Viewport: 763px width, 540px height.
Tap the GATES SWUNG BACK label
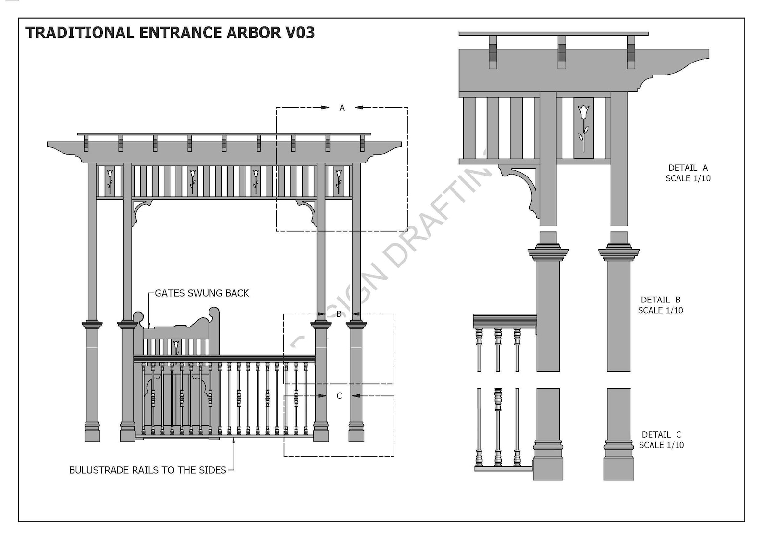point(202,293)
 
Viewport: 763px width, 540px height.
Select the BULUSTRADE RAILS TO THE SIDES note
point(148,470)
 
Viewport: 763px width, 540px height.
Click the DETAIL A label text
point(688,168)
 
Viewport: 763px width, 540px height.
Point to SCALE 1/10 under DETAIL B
point(660,310)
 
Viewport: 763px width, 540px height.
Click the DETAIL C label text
point(661,434)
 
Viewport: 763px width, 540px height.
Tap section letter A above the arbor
point(342,108)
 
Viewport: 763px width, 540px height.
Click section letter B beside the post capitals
point(339,314)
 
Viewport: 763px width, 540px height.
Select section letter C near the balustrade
point(339,396)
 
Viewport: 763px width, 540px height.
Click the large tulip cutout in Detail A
point(583,127)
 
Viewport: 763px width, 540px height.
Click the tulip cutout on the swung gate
point(176,346)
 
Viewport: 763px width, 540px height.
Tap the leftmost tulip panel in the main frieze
point(110,180)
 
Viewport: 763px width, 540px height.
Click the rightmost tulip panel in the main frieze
point(339,180)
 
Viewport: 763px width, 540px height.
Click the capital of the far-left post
point(92,325)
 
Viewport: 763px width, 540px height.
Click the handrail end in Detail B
point(505,321)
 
